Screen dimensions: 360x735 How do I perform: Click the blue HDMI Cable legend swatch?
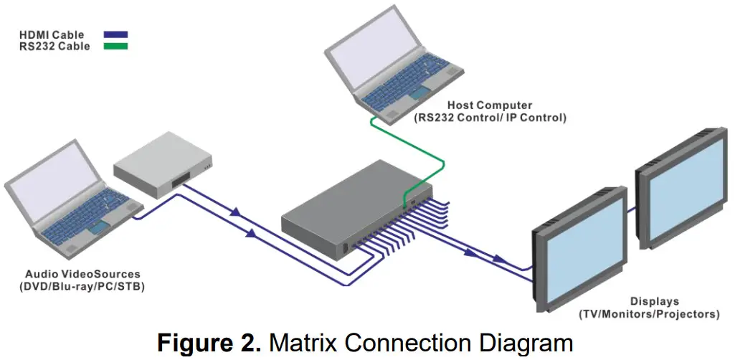tap(115, 34)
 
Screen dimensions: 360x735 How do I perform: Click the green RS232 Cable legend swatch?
tap(115, 46)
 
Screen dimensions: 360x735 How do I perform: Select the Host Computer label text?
tap(490, 105)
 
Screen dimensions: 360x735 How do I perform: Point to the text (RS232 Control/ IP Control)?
tap(490, 117)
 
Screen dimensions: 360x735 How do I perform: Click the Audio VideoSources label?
tap(83, 274)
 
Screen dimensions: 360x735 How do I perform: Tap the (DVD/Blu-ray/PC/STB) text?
tap(83, 286)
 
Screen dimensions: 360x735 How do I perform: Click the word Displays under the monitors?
tap(654, 301)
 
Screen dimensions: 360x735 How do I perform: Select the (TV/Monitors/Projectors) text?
tap(654, 313)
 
